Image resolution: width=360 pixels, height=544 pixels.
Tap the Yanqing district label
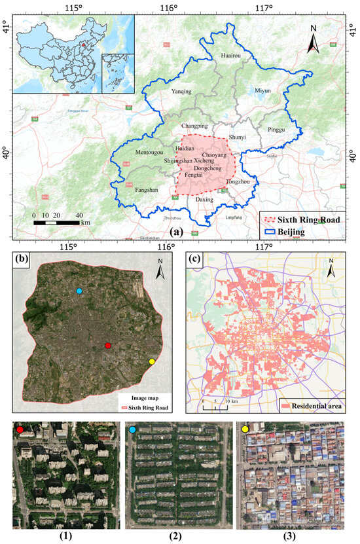(x=181, y=92)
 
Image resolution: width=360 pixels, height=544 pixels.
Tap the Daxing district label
(x=205, y=199)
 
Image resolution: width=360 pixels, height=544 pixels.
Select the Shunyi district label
(x=237, y=137)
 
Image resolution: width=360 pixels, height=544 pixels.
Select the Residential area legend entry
(x=312, y=407)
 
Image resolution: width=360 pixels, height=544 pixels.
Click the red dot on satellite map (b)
(x=108, y=346)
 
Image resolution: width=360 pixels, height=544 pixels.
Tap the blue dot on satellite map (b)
(x=79, y=291)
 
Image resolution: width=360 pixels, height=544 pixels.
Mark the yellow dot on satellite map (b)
(x=152, y=361)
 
